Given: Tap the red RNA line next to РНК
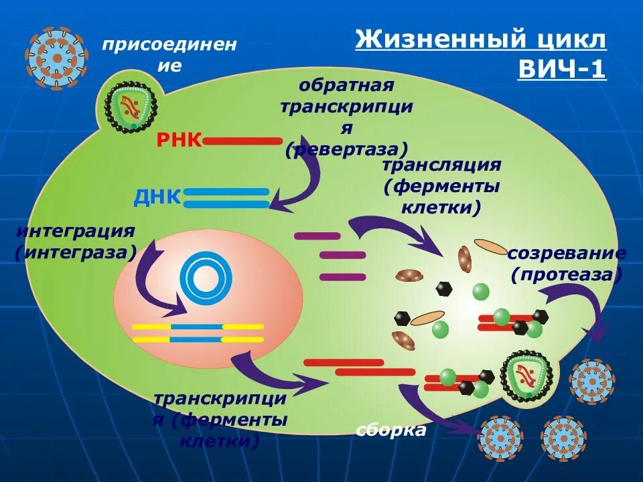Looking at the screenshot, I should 243,141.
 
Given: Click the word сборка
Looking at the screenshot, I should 391,430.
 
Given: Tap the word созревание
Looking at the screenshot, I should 567,254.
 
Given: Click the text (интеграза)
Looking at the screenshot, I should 76,252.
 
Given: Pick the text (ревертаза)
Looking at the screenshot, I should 346,149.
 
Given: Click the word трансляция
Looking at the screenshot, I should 441,165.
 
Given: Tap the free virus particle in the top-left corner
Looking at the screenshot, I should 57,58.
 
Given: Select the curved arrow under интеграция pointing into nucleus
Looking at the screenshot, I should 155,281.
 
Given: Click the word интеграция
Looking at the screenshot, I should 75,232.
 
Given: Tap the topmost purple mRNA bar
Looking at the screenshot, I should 317,236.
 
